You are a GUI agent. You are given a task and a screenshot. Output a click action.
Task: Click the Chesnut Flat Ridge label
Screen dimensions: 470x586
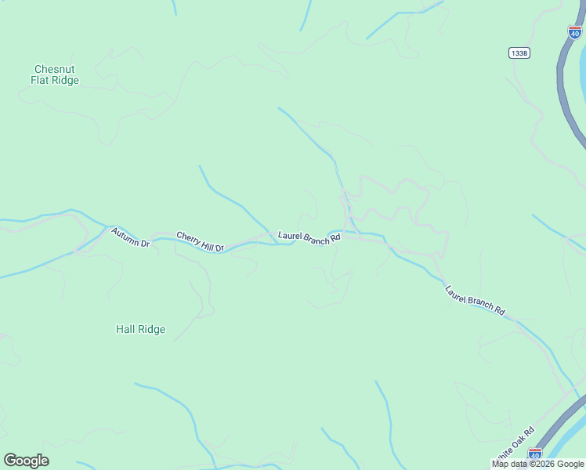(x=55, y=74)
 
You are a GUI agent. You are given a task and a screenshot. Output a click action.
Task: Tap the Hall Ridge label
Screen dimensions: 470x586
(x=140, y=329)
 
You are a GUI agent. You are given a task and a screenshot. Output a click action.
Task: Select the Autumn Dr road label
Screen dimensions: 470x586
(x=130, y=237)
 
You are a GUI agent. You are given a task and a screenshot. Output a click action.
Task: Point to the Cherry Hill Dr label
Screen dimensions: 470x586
(x=200, y=241)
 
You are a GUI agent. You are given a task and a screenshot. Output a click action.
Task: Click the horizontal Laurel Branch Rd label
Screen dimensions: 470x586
(x=309, y=236)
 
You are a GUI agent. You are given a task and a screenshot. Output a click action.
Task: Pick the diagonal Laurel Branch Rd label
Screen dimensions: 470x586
(x=475, y=300)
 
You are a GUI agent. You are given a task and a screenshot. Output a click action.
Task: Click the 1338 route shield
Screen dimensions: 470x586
(x=519, y=52)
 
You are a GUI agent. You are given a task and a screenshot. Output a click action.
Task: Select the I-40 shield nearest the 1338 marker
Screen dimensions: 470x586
(x=575, y=32)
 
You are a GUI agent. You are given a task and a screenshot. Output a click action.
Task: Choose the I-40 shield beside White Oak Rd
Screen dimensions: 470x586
(x=534, y=454)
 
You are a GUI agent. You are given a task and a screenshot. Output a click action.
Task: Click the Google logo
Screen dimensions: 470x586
(x=26, y=461)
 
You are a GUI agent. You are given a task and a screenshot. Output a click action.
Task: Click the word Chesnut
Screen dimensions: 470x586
(x=55, y=69)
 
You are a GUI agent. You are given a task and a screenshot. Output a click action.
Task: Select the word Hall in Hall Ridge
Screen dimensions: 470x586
(x=125, y=329)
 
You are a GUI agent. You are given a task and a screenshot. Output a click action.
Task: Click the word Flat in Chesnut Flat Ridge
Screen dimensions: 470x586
(x=42, y=80)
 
